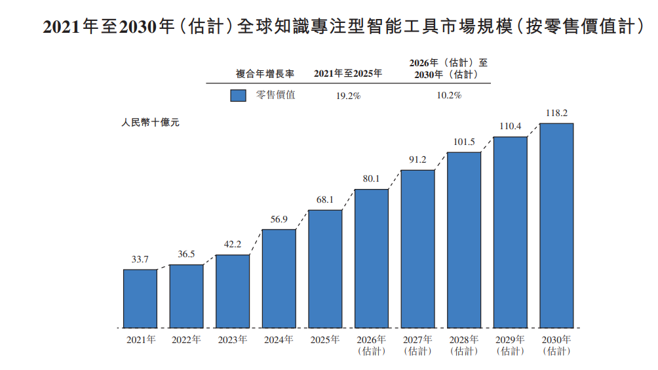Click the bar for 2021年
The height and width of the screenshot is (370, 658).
tap(140, 298)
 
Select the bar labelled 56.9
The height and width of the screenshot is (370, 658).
tap(279, 278)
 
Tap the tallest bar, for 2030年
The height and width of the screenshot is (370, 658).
tap(556, 226)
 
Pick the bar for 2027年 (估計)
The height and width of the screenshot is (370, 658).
tap(417, 249)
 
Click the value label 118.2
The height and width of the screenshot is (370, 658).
tap(556, 113)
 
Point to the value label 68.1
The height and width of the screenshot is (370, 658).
tap(325, 199)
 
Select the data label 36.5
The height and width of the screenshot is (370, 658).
tap(186, 254)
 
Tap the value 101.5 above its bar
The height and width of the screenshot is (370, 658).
tap(464, 142)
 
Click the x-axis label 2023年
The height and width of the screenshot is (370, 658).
tap(233, 340)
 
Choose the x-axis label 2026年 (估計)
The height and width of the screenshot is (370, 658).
tap(372, 345)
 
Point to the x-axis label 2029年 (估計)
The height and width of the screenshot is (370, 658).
tap(511, 345)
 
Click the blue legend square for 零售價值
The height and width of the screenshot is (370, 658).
tap(238, 95)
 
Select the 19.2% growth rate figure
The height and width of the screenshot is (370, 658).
tap(348, 96)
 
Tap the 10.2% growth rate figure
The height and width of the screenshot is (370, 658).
tap(449, 95)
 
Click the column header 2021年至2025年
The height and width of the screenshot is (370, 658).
tap(348, 73)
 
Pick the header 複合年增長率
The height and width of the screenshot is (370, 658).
tap(265, 74)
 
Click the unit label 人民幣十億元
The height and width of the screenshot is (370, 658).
tap(150, 123)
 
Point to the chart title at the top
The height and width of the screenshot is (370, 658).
tap(343, 26)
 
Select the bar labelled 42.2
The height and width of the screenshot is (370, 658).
tap(233, 291)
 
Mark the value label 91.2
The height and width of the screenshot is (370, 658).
tap(417, 159)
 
